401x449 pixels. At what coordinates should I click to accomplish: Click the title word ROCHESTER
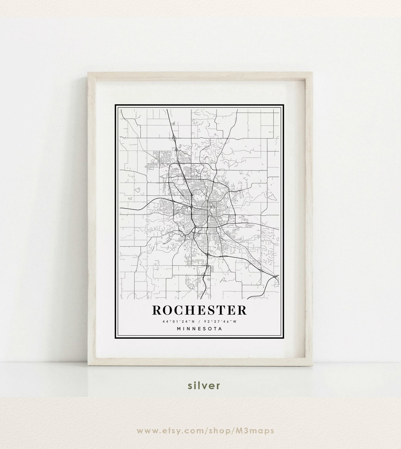tap(199, 310)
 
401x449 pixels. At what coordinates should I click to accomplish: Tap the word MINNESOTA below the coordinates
tap(200, 329)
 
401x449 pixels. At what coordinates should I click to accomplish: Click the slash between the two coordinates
tap(199, 322)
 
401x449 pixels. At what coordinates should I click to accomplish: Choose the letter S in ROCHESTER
tap(216, 310)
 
